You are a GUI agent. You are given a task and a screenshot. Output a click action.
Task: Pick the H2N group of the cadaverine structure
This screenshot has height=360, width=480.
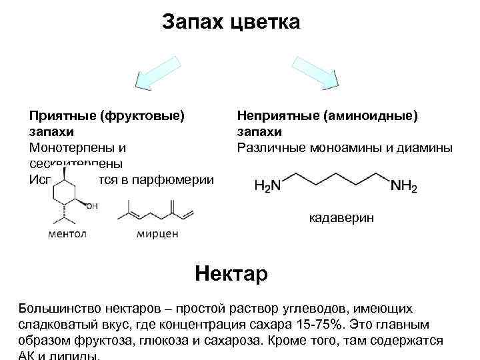[267, 186]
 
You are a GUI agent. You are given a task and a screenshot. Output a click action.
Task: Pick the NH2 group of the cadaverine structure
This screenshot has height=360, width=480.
[403, 186]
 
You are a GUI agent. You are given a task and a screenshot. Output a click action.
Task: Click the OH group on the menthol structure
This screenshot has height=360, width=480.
[91, 206]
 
